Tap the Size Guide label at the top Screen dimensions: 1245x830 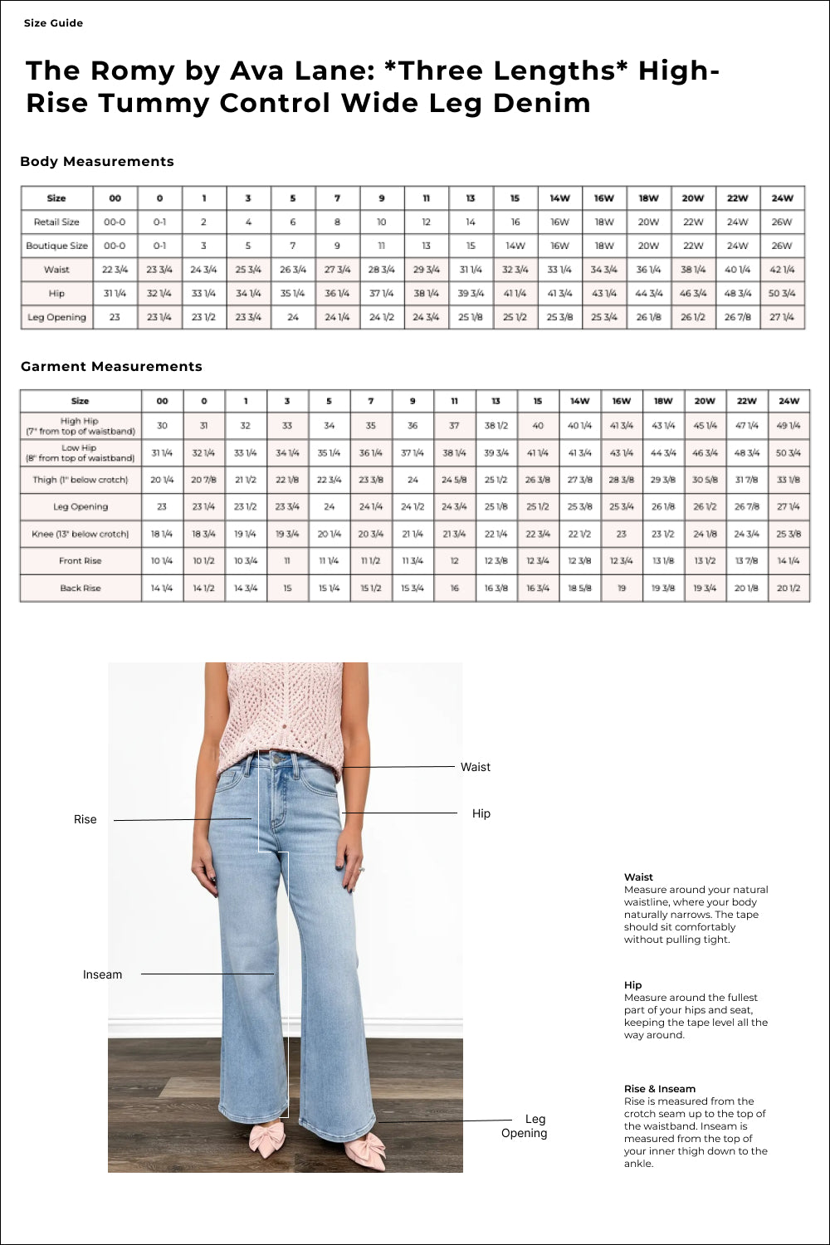[x=53, y=23]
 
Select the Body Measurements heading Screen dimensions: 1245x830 [x=97, y=162]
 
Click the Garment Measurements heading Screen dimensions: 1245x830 [x=111, y=367]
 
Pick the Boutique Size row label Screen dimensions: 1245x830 [x=56, y=246]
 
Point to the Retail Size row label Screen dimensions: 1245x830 [x=56, y=222]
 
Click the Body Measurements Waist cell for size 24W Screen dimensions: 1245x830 [x=782, y=270]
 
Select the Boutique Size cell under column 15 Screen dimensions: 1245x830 [x=515, y=246]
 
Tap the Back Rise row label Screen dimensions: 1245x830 [x=81, y=588]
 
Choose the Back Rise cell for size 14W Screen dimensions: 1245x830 [x=579, y=588]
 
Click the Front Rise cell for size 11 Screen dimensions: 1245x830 [x=454, y=561]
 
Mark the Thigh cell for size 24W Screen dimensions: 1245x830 [x=788, y=480]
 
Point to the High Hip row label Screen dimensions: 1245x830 [x=80, y=426]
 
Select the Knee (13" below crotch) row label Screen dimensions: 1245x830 [x=81, y=535]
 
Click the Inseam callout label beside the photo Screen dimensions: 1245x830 [x=102, y=975]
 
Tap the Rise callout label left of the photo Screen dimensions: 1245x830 [x=85, y=820]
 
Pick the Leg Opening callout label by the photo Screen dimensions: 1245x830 [x=525, y=1126]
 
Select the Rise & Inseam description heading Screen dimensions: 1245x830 [x=660, y=1089]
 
